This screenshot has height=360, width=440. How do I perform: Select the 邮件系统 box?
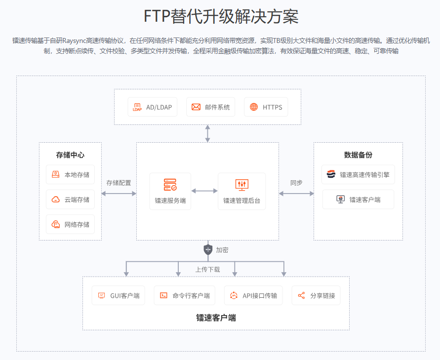click(x=211, y=107)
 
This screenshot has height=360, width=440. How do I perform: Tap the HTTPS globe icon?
click(x=254, y=107)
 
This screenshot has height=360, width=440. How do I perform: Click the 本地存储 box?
click(x=70, y=174)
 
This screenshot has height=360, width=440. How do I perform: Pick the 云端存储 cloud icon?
click(x=55, y=200)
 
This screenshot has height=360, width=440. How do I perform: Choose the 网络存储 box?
click(x=70, y=225)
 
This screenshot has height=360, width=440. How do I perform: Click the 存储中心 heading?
click(x=70, y=155)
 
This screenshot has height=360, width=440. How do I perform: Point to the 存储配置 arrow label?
click(x=119, y=183)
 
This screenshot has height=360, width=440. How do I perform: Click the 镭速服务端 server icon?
click(x=170, y=185)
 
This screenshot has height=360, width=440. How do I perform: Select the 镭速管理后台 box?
click(x=241, y=191)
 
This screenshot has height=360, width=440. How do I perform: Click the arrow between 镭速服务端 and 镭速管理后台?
click(x=204, y=191)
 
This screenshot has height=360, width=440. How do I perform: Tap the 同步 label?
click(x=296, y=183)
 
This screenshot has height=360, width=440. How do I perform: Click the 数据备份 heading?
click(x=358, y=155)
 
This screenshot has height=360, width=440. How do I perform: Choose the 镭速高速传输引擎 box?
click(x=358, y=174)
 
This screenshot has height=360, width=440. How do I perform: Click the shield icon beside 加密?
click(x=208, y=250)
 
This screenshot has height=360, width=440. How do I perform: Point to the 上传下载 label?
click(x=207, y=270)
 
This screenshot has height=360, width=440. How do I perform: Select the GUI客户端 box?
click(x=119, y=296)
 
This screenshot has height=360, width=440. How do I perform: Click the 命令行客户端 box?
click(x=185, y=296)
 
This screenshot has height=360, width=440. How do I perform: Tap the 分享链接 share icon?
click(x=301, y=296)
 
